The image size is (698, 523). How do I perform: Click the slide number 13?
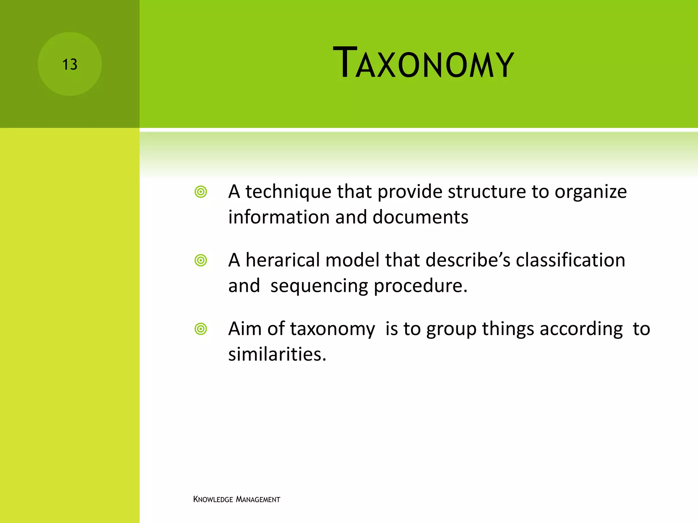[x=70, y=64]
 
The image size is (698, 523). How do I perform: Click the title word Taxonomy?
[x=423, y=63]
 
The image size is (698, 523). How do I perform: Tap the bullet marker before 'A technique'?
[x=201, y=192]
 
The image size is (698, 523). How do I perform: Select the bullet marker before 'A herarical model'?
[x=201, y=260]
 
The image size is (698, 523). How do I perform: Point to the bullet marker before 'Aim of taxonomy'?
[x=201, y=329]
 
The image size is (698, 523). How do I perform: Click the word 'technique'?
[x=288, y=192]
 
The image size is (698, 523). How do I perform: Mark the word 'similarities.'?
[x=277, y=354]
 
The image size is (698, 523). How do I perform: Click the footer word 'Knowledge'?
[x=213, y=500]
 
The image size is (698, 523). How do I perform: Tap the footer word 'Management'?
[x=258, y=500]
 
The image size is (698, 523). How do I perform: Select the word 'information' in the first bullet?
[x=279, y=217]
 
